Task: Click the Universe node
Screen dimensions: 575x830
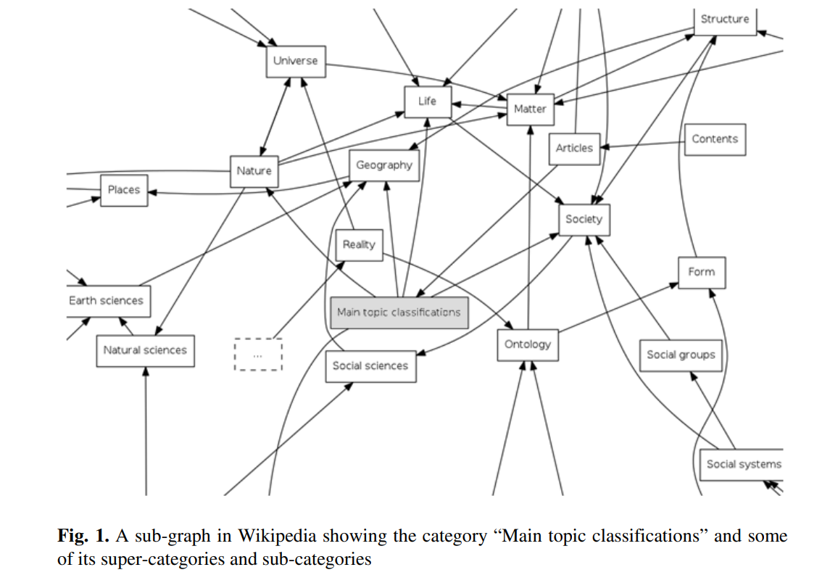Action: coord(295,61)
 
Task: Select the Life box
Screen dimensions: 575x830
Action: coord(427,102)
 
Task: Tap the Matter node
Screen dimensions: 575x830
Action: coord(530,109)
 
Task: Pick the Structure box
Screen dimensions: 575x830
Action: coord(725,20)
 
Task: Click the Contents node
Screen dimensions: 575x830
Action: coord(715,139)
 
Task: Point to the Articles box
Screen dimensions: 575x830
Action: coord(574,149)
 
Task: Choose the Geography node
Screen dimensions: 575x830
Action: coord(383,165)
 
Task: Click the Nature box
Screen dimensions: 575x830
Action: coord(254,171)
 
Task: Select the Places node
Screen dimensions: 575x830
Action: coord(124,190)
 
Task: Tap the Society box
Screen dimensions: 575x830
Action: coord(584,219)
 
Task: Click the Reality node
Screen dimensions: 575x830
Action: coord(359,245)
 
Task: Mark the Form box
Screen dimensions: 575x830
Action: coord(701,272)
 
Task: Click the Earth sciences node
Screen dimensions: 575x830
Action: coord(106,301)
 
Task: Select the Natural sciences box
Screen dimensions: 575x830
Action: coord(145,350)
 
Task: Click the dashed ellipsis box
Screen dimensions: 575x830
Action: coord(258,355)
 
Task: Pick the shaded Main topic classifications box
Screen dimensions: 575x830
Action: coord(399,313)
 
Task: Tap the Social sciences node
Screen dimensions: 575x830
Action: coord(370,366)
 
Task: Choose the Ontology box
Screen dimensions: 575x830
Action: coord(528,345)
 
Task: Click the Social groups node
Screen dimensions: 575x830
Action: coord(681,355)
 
